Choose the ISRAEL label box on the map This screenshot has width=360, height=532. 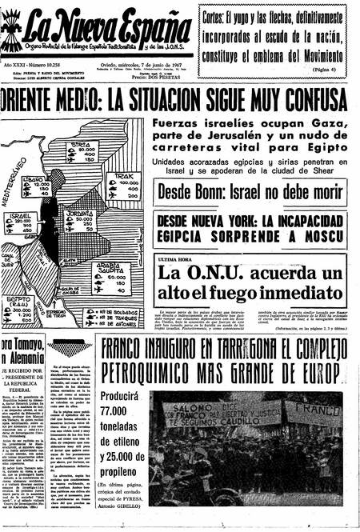(x=23, y=225)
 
